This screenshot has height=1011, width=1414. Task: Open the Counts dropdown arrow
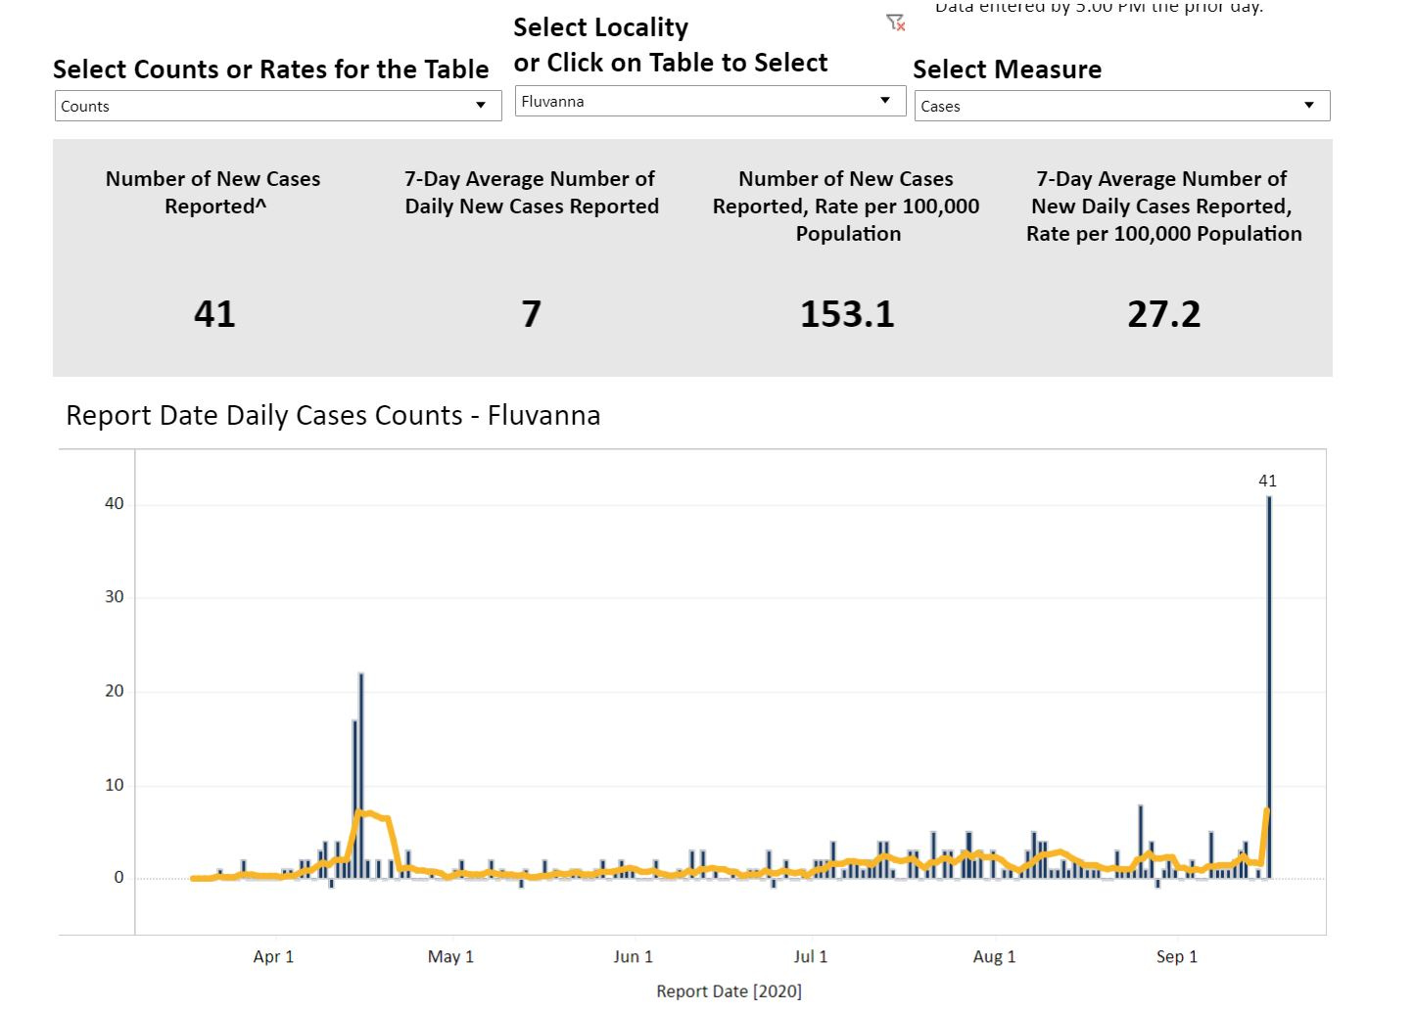[x=481, y=106]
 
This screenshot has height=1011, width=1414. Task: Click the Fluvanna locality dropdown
[x=709, y=101]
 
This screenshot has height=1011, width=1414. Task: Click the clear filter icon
[x=895, y=23]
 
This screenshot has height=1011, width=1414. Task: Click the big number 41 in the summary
[x=214, y=314]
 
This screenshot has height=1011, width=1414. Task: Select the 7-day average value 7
[x=531, y=314]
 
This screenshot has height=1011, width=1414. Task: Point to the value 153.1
[x=847, y=314]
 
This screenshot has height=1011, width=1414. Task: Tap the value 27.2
[x=1163, y=314]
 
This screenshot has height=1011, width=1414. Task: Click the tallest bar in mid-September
[x=1269, y=685]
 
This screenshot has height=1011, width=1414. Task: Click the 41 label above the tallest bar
[x=1267, y=481]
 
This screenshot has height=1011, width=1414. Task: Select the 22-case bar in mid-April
[x=361, y=773]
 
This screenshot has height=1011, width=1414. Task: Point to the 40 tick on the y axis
[x=115, y=504]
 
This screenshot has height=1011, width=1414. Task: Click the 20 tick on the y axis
[x=115, y=691]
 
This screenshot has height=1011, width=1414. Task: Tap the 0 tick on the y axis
[x=118, y=878]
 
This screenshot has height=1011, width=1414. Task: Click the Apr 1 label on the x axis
[x=273, y=956]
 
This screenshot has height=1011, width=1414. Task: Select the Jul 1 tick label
[x=810, y=956]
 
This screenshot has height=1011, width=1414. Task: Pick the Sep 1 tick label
[x=1176, y=956]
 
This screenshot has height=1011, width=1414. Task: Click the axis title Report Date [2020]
[x=729, y=991]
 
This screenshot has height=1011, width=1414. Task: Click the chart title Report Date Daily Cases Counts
[x=333, y=416]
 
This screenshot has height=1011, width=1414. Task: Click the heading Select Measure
[x=1007, y=69]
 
